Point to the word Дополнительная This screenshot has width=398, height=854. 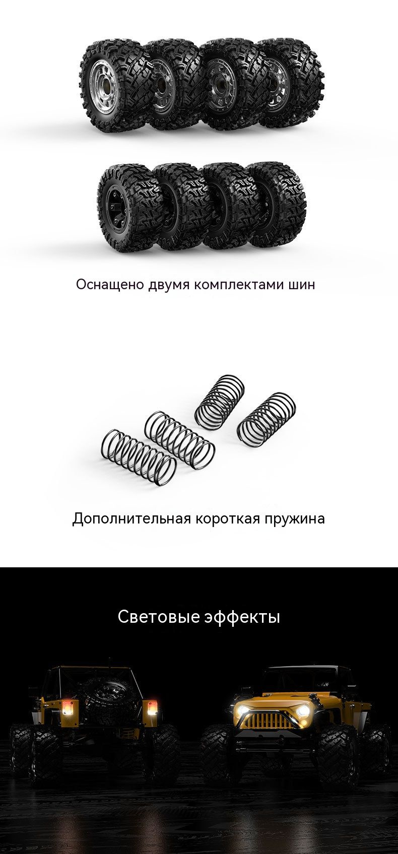click(x=131, y=518)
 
